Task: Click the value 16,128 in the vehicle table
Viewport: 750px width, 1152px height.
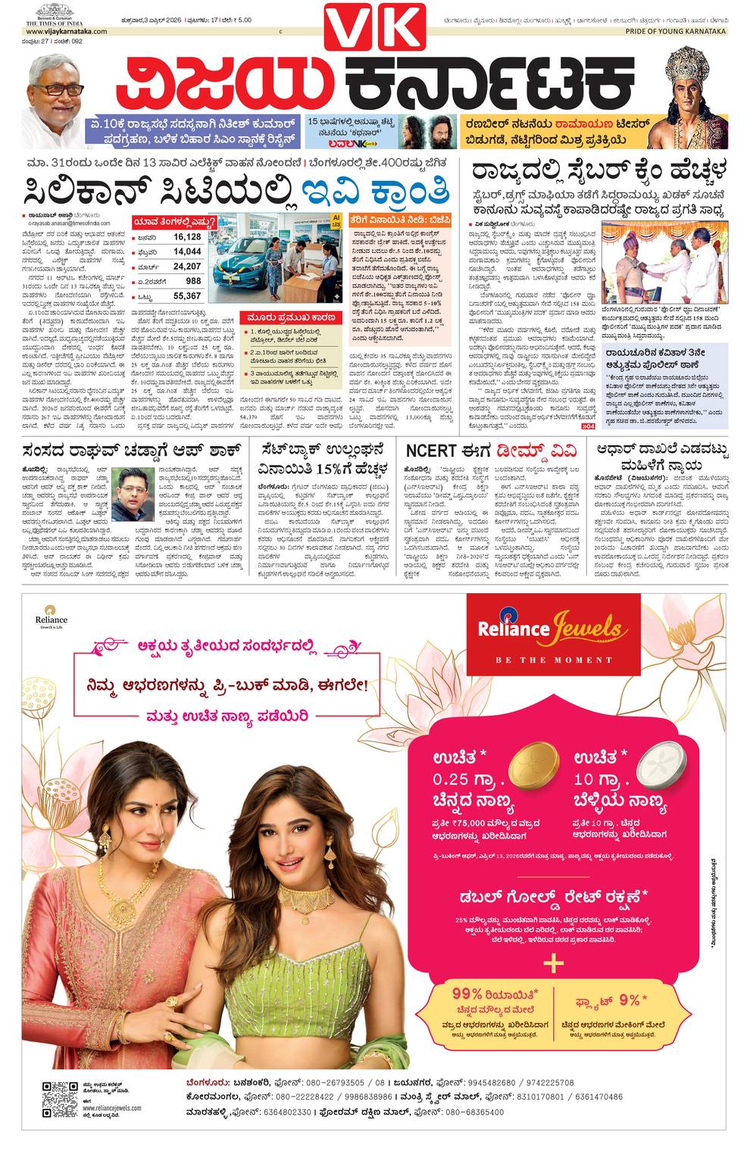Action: (186, 237)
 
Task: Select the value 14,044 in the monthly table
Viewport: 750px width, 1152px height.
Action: (186, 251)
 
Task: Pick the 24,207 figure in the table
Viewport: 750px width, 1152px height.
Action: (186, 267)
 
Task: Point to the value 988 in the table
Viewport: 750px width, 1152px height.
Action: (193, 281)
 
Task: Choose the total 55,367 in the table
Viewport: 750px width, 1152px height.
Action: (186, 296)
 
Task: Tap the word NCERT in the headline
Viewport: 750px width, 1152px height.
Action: (430, 451)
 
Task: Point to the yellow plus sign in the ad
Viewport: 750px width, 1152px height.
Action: (554, 962)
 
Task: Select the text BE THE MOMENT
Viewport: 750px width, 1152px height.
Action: (553, 660)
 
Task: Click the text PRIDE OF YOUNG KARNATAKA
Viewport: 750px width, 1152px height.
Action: (675, 32)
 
